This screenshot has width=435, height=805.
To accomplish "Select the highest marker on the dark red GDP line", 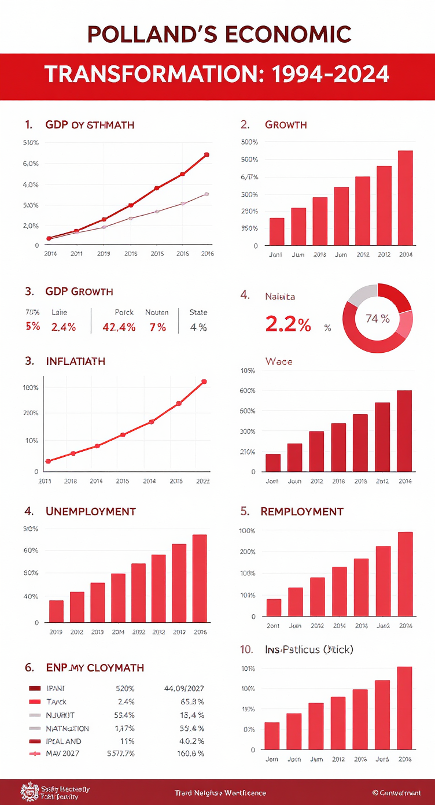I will [207, 155].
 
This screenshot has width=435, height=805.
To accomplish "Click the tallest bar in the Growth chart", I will [405, 198].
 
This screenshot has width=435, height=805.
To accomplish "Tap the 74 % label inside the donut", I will [378, 318].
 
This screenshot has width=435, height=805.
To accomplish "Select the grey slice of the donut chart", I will [360, 295].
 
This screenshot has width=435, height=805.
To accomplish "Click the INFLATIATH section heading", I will [75, 361].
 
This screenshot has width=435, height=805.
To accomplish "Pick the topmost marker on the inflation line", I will [204, 382].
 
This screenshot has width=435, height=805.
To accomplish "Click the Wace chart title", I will [279, 361].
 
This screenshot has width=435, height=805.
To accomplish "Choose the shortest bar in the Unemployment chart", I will [56, 611].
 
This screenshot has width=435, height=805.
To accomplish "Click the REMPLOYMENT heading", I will [302, 512].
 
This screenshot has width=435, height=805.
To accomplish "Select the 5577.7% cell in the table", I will [121, 754].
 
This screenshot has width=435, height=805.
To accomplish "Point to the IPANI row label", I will [56, 688].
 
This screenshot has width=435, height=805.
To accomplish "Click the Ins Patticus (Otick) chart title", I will [309, 650].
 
